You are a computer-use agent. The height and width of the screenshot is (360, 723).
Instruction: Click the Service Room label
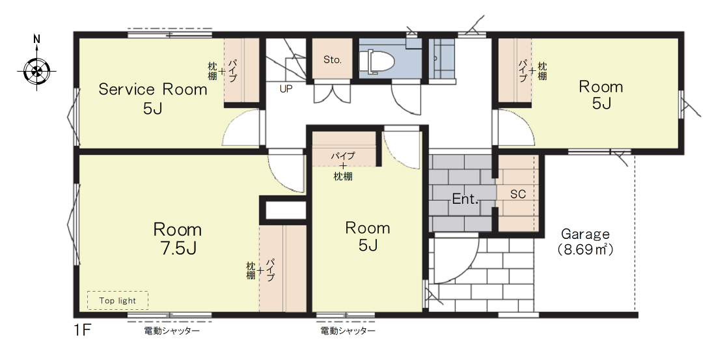[x=153, y=89]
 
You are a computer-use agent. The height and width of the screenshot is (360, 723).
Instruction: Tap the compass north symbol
[x=36, y=69]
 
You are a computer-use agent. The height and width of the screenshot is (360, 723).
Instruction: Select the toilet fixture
[x=376, y=62]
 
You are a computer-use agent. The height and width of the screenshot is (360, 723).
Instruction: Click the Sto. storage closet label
[x=332, y=59]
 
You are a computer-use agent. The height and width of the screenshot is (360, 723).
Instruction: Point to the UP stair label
[x=286, y=89]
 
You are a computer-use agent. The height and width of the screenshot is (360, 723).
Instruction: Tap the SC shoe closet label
[x=518, y=194]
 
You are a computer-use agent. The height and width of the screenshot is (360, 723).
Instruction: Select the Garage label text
[x=584, y=234]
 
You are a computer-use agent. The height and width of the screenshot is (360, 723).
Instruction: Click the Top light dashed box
[x=118, y=300]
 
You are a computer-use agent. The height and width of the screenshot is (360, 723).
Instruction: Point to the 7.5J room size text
[x=177, y=248]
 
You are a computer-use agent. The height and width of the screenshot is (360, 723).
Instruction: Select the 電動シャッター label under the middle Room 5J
[x=348, y=331]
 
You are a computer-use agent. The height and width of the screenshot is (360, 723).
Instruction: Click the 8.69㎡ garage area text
[x=584, y=250]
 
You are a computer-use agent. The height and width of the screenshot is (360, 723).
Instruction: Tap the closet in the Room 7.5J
[x=282, y=268]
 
